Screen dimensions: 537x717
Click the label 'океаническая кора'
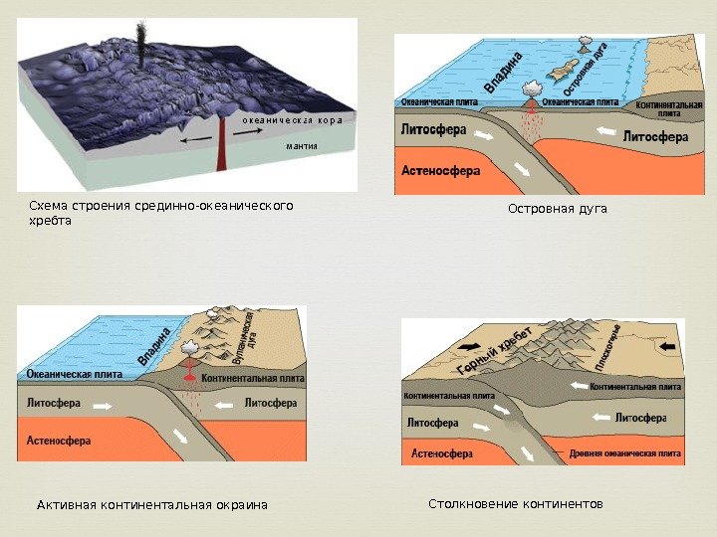tap(292, 119)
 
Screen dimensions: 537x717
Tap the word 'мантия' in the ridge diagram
tap(302, 145)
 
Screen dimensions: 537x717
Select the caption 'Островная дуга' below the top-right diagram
tap(557, 209)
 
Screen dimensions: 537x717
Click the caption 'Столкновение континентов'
tap(516, 504)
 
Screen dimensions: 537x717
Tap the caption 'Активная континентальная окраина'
tap(152, 505)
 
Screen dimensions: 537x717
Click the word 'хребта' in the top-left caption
tap(51, 221)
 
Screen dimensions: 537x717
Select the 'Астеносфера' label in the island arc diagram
tap(441, 170)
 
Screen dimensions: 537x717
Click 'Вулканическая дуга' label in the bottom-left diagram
tap(243, 339)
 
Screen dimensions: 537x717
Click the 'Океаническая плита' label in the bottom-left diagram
tap(74, 374)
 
